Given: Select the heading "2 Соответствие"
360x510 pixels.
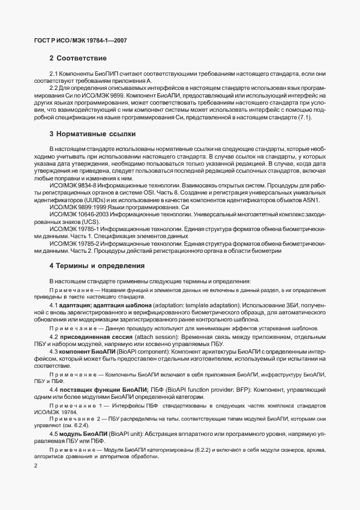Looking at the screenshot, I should [77, 58].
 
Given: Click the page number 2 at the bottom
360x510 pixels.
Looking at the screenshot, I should [35, 466].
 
